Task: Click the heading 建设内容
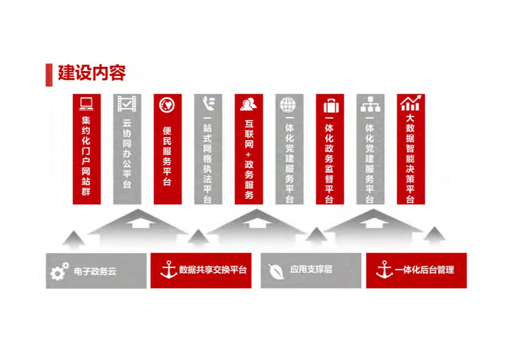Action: coord(91,74)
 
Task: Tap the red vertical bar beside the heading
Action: coord(49,74)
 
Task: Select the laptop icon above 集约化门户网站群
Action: coord(87,103)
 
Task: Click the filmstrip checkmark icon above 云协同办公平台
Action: coord(127,103)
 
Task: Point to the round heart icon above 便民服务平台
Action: coord(167,104)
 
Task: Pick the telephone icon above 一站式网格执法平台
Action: coord(208,103)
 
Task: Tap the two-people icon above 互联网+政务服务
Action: coord(248,104)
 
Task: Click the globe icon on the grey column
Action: coord(288,104)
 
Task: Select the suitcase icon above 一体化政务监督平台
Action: coord(330,105)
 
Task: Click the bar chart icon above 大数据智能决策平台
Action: coord(410,103)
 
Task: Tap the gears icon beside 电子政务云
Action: coord(60,271)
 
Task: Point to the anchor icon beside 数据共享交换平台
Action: coord(168,270)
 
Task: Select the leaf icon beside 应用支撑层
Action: coord(276,271)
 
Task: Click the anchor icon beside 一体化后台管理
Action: coord(384,270)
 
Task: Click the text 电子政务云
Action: coord(95,271)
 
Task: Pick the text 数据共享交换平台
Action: coord(213,270)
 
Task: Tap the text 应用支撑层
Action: coord(312,270)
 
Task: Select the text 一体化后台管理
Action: coord(425,270)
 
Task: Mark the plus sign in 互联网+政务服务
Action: coord(249,154)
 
